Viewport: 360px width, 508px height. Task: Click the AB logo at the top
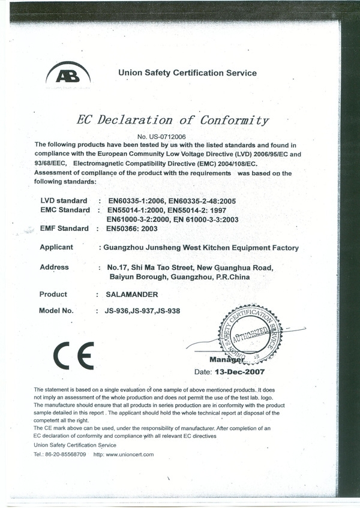click(68, 76)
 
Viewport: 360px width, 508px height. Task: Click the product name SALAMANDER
click(132, 295)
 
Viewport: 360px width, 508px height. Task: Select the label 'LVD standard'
click(64, 200)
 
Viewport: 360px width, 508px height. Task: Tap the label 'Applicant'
click(56, 247)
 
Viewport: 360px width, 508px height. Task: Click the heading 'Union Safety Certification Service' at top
click(188, 73)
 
